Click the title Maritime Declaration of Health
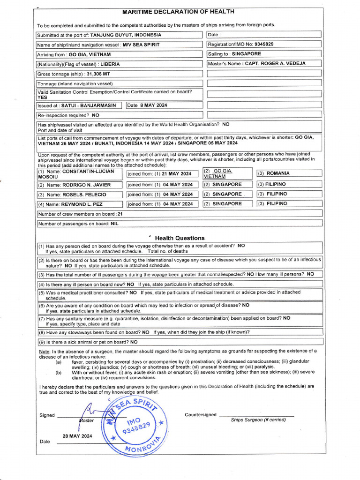(x=178, y=12)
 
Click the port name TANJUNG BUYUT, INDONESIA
(x=126, y=35)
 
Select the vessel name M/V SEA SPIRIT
(x=141, y=45)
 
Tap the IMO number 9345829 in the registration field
(x=264, y=44)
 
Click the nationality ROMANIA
(x=278, y=173)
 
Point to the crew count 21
(x=120, y=214)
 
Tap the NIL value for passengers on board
(x=114, y=224)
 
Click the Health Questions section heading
(x=180, y=238)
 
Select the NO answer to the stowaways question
(x=146, y=332)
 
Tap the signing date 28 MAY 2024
(x=77, y=435)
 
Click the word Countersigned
(x=201, y=415)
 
